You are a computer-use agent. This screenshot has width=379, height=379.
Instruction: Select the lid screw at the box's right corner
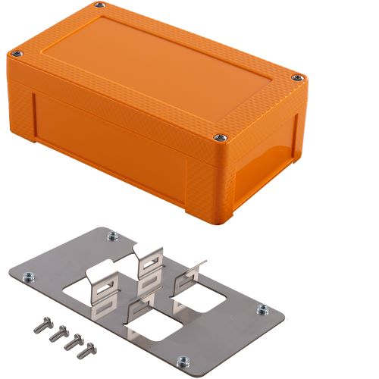[298, 77]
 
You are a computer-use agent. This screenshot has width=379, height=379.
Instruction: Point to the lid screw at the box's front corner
[219, 137]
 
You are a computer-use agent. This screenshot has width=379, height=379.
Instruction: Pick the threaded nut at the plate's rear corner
[113, 236]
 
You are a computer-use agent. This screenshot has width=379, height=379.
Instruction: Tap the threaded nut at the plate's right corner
[262, 309]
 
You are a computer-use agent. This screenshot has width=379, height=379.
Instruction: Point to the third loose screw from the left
[73, 341]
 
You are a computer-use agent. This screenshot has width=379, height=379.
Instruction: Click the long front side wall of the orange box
[114, 144]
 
